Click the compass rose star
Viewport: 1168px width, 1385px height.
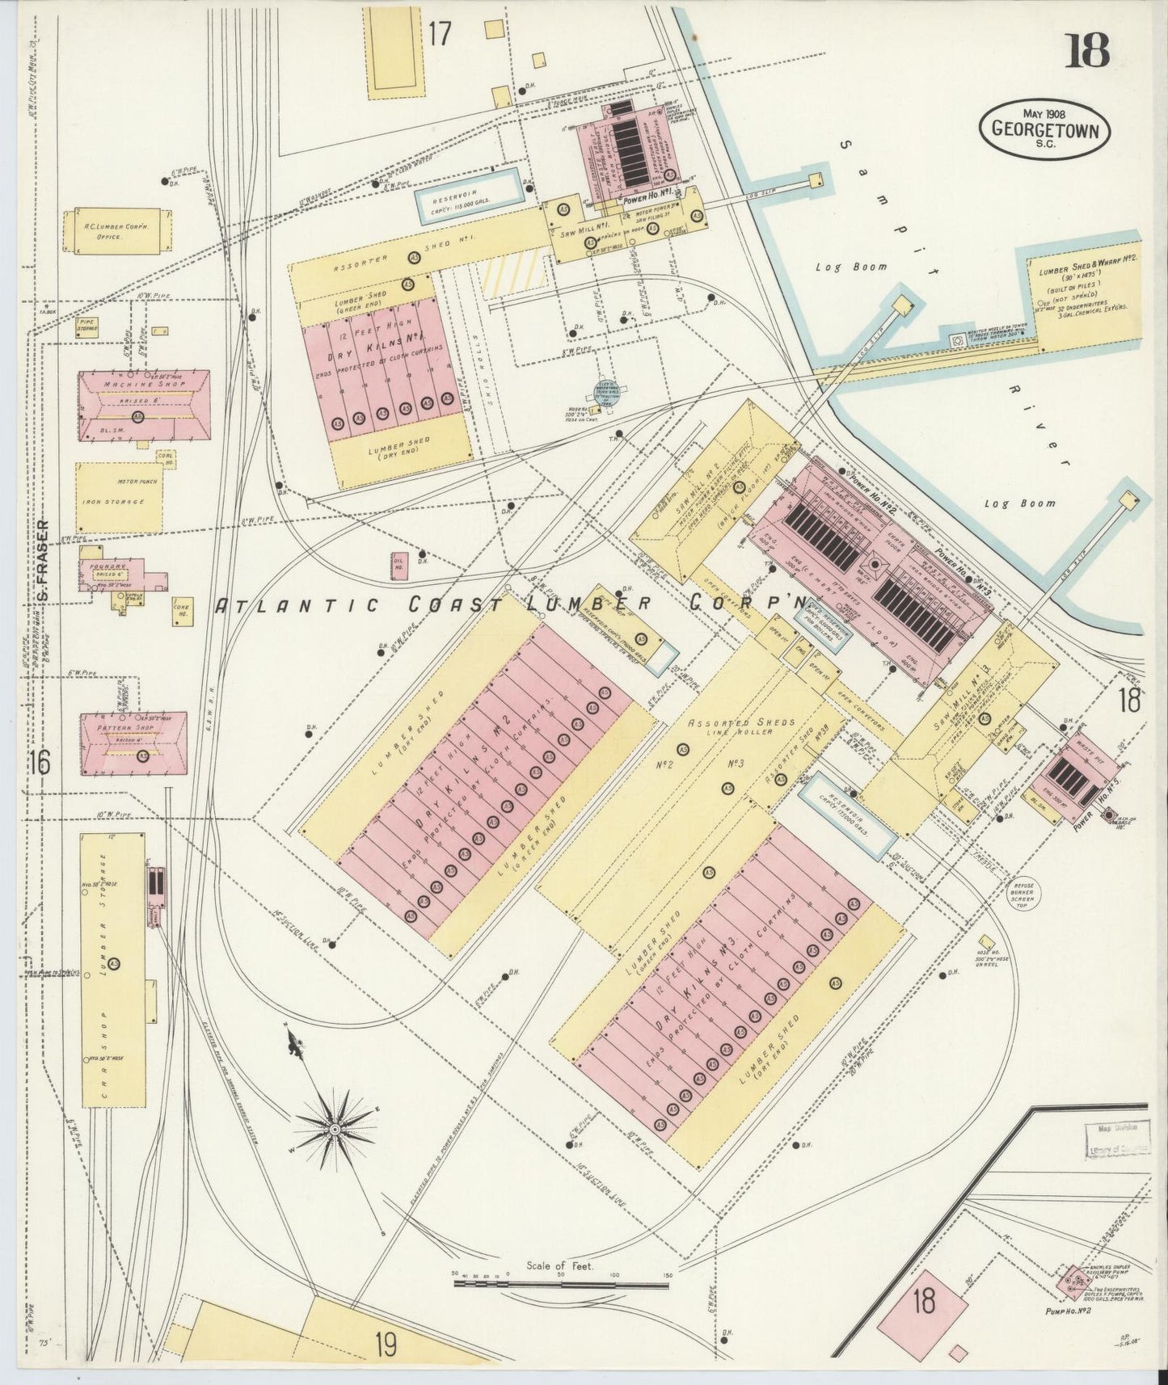point(333,1127)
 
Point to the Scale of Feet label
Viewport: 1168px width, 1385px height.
point(559,1266)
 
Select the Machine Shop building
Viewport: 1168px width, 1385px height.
point(143,406)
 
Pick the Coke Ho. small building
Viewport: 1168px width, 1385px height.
point(180,612)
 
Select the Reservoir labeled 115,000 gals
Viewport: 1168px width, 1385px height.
point(466,201)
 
